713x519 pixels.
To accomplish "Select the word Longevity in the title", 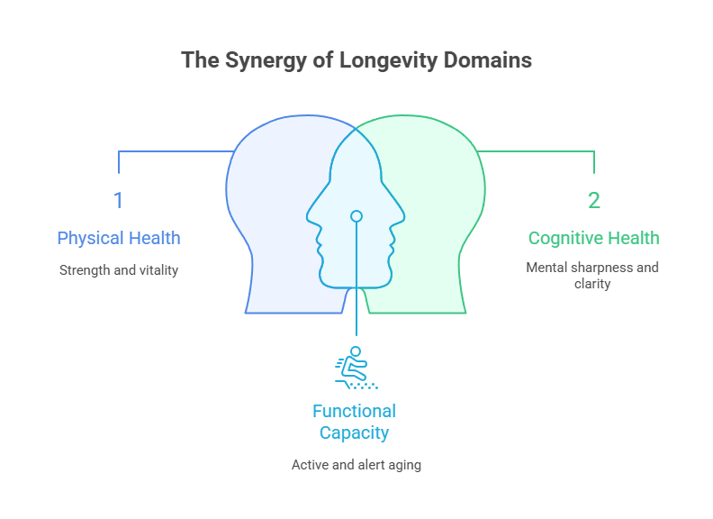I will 384,60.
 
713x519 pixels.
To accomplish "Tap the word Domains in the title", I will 487,60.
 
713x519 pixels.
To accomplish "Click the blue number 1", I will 118,200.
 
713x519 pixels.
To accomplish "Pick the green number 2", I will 594,200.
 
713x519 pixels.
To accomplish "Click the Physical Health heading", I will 119,239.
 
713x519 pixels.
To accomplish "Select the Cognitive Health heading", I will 593,239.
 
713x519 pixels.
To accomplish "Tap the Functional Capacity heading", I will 354,422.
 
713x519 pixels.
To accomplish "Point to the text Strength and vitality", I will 119,269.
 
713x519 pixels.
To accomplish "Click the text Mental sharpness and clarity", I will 593,275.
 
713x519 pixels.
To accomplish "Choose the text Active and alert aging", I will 356,465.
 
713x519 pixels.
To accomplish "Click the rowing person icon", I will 355,366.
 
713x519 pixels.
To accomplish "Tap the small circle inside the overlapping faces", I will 356,216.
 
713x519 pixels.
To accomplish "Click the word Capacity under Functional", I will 354,432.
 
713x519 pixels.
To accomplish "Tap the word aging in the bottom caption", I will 404,465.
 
